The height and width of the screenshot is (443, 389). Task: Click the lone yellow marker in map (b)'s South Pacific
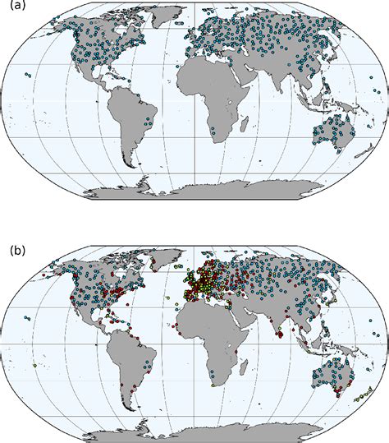34,364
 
